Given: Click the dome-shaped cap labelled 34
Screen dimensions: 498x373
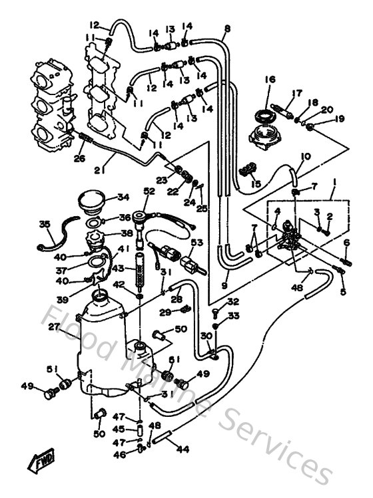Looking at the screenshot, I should (x=92, y=199).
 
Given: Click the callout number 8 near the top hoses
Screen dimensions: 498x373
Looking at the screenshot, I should (x=227, y=29).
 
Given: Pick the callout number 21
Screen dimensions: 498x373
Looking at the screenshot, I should (x=101, y=170).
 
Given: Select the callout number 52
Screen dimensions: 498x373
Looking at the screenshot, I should (x=147, y=191).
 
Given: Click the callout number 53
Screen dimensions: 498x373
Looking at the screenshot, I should (x=196, y=245).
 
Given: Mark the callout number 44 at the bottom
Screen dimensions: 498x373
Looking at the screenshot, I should (x=181, y=449).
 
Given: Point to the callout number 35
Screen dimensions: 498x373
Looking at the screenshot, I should (x=44, y=224).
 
